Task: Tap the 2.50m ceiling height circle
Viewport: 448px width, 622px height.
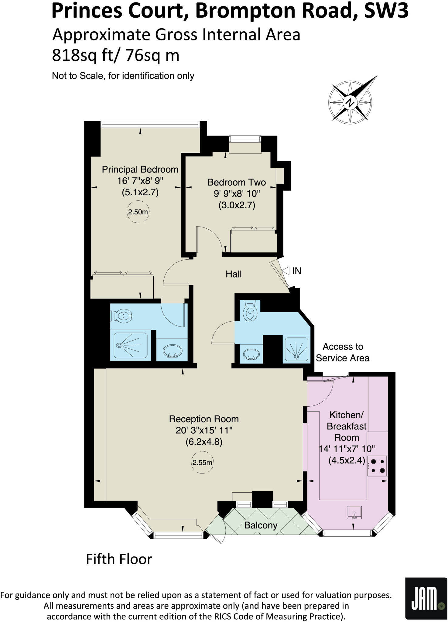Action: pos(138,212)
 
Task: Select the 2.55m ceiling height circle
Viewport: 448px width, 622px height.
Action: pos(202,463)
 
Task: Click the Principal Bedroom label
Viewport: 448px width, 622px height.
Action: pos(140,169)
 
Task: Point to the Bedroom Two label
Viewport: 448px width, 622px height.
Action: pos(237,182)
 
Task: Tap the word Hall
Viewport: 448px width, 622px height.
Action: pos(234,274)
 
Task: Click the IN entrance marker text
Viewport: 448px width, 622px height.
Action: pos(296,271)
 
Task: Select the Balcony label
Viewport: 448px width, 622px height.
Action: pos(261,525)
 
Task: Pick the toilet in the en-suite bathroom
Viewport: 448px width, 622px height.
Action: pos(123,316)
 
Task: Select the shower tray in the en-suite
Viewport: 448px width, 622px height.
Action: pos(131,345)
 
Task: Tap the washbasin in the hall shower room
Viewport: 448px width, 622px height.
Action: pos(251,354)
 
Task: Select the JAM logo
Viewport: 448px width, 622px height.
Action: pos(426,598)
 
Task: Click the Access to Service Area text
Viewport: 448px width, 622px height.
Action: pos(343,352)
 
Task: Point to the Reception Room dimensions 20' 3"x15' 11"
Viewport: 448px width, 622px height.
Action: pos(204,430)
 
